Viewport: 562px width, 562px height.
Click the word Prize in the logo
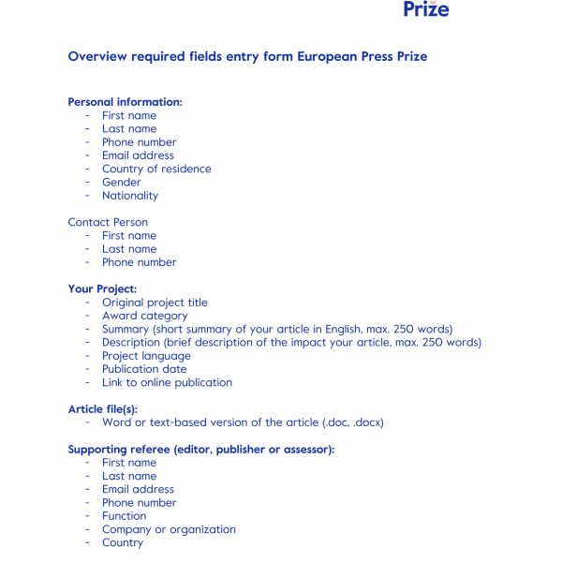pyautogui.click(x=426, y=10)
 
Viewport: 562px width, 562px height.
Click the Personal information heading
pyautogui.click(x=125, y=102)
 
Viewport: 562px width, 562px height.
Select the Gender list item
pyautogui.click(x=122, y=183)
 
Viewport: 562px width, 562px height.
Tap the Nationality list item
pyautogui.click(x=130, y=196)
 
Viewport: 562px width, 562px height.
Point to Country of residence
pyautogui.click(x=156, y=170)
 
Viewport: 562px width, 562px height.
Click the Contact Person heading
pyautogui.click(x=108, y=223)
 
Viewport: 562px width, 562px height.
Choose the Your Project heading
pyautogui.click(x=102, y=289)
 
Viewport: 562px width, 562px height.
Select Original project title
pyautogui.click(x=155, y=303)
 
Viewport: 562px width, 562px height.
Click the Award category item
pyautogui.click(x=145, y=316)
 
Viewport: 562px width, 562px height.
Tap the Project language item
pyautogui.click(x=146, y=356)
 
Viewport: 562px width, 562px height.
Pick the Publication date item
pyautogui.click(x=144, y=369)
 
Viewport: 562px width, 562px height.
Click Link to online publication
pyautogui.click(x=167, y=382)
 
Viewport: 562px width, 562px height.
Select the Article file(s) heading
pyautogui.click(x=103, y=409)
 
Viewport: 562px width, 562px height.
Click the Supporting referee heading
pyautogui.click(x=200, y=450)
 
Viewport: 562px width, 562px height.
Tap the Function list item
pyautogui.click(x=124, y=516)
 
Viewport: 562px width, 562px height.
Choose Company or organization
pyautogui.click(x=169, y=529)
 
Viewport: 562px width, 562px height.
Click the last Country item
pyautogui.click(x=123, y=542)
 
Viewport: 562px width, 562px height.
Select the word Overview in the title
pyautogui.click(x=99, y=57)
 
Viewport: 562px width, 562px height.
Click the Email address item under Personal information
pyautogui.click(x=138, y=155)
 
